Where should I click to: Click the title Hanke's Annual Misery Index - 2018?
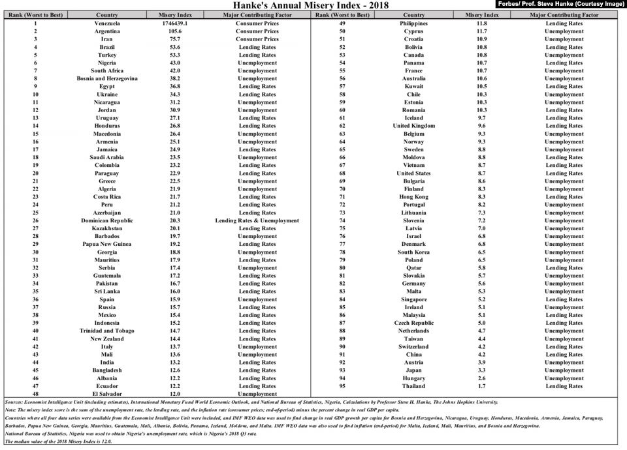pyautogui.click(x=313, y=5)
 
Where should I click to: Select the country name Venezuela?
pyautogui.click(x=106, y=23)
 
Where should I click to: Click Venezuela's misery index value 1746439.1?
pyautogui.click(x=174, y=23)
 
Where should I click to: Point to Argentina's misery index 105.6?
pyautogui.click(x=174, y=31)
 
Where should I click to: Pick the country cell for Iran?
pyautogui.click(x=106, y=39)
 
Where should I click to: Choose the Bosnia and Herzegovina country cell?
pyautogui.click(x=106, y=79)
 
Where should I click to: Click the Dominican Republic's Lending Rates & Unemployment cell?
pyautogui.click(x=257, y=220)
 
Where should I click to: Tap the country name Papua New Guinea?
pyautogui.click(x=106, y=245)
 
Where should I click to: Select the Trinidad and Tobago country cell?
pyautogui.click(x=106, y=331)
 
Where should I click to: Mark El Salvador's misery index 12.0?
pyautogui.click(x=174, y=394)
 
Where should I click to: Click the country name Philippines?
pyautogui.click(x=413, y=23)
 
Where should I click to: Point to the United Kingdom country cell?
pyautogui.click(x=413, y=126)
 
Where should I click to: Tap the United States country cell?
pyautogui.click(x=413, y=173)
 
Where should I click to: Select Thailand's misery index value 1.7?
pyautogui.click(x=482, y=386)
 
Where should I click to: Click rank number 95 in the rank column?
pyautogui.click(x=342, y=386)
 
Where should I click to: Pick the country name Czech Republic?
pyautogui.click(x=413, y=323)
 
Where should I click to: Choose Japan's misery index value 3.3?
pyautogui.click(x=482, y=370)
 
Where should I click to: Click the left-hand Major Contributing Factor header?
pyautogui.click(x=257, y=14)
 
